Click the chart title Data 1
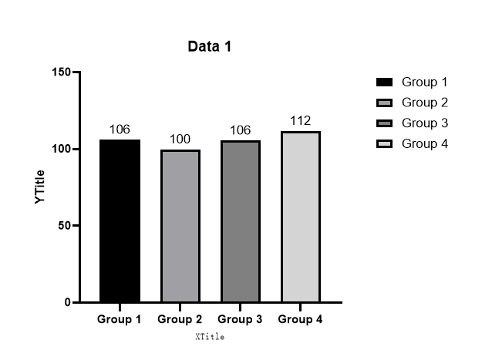coord(210,46)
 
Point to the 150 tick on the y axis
coord(61,72)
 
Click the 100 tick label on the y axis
coord(61,149)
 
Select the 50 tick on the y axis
coord(64,225)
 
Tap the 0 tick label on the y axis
coord(67,302)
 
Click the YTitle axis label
coord(40,187)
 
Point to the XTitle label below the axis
coord(210,337)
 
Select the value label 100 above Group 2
coord(180,139)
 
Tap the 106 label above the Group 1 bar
coord(120,129)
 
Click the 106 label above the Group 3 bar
coord(241,130)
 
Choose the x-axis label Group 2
coord(180,319)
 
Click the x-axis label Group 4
coord(300,319)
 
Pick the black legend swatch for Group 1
coord(384,82)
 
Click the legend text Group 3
coord(425,123)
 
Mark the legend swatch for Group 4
coord(384,143)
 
